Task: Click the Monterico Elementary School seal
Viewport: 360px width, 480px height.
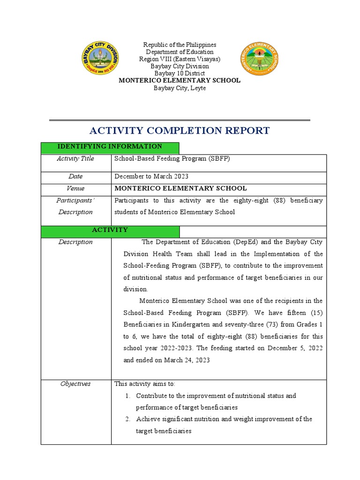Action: click(x=260, y=59)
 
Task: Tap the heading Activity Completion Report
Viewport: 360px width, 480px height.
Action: click(x=180, y=130)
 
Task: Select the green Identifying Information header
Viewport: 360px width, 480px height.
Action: click(x=110, y=147)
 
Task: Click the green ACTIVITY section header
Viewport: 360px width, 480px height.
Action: click(x=110, y=230)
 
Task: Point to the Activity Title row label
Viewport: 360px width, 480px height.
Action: click(x=75, y=159)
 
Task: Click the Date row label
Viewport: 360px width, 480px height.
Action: click(x=75, y=177)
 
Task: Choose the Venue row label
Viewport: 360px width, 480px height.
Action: click(x=75, y=188)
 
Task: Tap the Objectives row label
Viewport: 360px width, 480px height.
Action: click(x=75, y=384)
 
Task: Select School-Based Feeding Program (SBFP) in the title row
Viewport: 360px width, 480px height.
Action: click(x=172, y=159)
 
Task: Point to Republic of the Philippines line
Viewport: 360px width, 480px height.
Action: click(x=180, y=45)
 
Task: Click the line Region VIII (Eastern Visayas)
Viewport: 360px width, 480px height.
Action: click(x=180, y=59)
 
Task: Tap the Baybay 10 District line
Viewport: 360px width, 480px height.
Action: click(x=180, y=73)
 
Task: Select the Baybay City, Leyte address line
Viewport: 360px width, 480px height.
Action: click(x=180, y=88)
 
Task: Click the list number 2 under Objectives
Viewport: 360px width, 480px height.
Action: click(x=127, y=419)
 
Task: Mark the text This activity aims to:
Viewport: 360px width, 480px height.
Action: click(x=145, y=384)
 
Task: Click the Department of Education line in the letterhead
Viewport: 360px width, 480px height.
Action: click(x=180, y=52)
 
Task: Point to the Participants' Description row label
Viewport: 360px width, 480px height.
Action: click(x=75, y=206)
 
